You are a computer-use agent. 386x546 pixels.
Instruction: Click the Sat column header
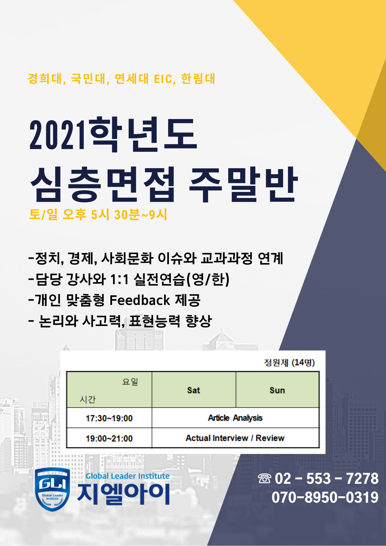(194, 390)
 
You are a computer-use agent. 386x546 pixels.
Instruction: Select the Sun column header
(277, 390)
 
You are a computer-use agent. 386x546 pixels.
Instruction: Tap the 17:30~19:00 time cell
(109, 418)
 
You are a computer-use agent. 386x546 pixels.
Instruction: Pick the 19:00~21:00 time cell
(109, 438)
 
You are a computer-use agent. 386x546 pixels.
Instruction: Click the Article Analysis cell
(235, 418)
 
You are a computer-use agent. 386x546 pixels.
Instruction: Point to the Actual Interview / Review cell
(235, 438)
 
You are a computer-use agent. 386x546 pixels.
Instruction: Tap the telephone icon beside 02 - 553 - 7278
(265, 479)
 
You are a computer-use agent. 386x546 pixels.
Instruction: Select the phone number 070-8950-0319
(325, 497)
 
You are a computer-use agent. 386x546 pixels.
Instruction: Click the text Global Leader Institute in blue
(127, 476)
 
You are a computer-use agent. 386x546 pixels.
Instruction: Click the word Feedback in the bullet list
(140, 300)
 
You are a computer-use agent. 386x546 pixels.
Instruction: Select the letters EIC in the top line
(163, 79)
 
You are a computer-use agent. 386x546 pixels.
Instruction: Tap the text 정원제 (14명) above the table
(289, 363)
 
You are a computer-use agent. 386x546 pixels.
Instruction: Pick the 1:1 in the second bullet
(119, 280)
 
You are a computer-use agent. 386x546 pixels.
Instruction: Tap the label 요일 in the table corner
(130, 381)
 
